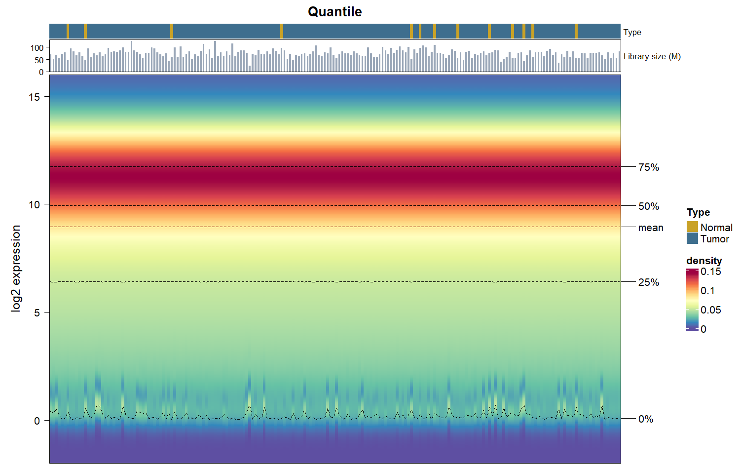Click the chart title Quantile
[334, 12]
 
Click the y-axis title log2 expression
[16, 269]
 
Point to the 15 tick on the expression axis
[34, 97]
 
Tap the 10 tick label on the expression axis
[34, 205]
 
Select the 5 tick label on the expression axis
[37, 313]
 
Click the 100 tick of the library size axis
[37, 48]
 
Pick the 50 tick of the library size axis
[39, 60]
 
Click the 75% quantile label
[649, 167]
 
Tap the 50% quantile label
[649, 206]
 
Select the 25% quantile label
[649, 282]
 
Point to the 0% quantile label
[645, 419]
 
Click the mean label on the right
[651, 228]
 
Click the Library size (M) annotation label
[652, 56]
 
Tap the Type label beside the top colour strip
[632, 33]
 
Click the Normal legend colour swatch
[692, 227]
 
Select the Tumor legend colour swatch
[692, 238]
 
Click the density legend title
[704, 261]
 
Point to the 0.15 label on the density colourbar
[710, 272]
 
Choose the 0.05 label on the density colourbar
[710, 310]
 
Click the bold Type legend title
[698, 212]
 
